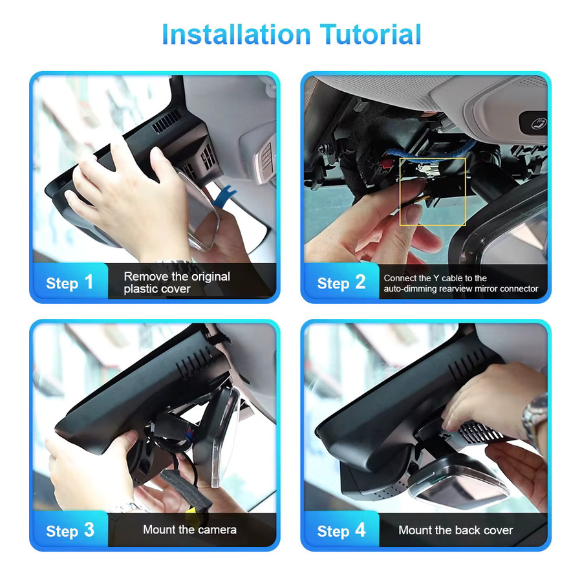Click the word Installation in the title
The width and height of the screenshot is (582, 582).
coord(237,34)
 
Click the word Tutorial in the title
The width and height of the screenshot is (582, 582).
coord(371,34)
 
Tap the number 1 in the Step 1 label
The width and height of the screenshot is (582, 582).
coord(89,282)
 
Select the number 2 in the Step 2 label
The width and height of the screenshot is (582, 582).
coord(360,282)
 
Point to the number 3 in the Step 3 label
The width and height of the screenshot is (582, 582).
coord(89,530)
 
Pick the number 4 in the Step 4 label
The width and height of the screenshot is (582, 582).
coord(360,530)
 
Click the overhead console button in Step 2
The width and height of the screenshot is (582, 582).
coord(533,122)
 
